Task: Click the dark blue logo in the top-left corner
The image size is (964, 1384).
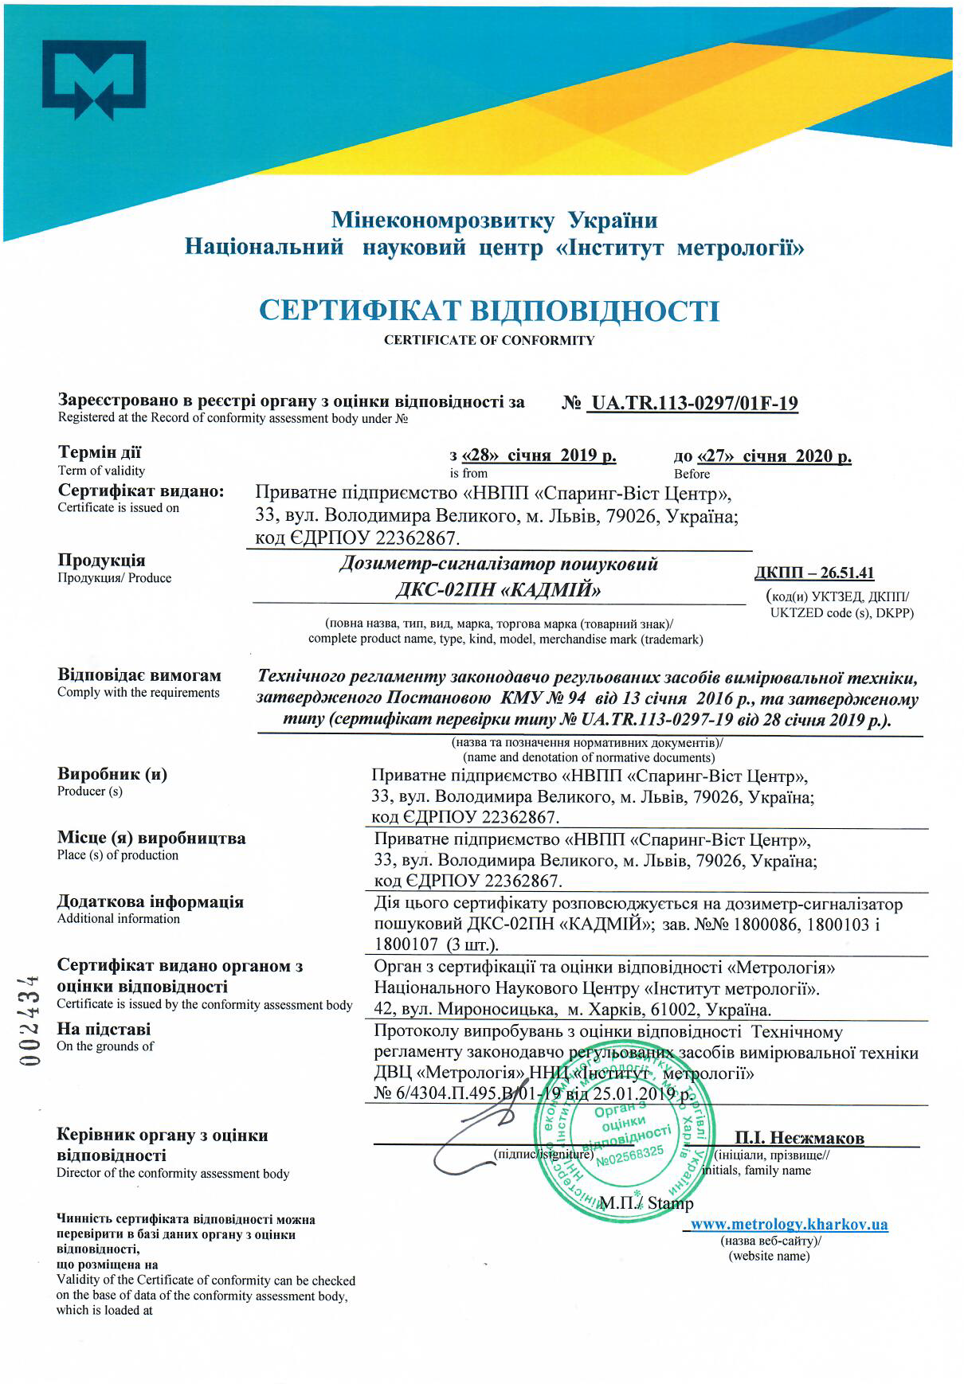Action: click(x=94, y=80)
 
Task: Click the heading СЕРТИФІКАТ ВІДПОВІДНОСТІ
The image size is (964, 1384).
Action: click(x=489, y=310)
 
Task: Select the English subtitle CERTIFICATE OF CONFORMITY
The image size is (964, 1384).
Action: click(x=489, y=341)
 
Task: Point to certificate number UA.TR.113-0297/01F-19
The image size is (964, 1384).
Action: click(x=692, y=404)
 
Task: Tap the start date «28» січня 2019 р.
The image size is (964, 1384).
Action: click(x=533, y=456)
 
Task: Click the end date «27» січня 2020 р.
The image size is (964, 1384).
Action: click(x=762, y=457)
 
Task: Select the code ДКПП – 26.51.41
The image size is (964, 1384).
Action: click(x=814, y=573)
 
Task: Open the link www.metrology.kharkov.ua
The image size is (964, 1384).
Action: click(x=789, y=1225)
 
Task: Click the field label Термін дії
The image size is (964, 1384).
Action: click(x=100, y=453)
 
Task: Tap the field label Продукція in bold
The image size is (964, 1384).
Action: click(x=101, y=561)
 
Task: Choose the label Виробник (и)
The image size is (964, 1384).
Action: click(x=112, y=774)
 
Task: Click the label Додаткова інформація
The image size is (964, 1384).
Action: click(x=151, y=902)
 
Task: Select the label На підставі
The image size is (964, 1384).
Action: click(x=104, y=1029)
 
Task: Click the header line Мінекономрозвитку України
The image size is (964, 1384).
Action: click(x=495, y=221)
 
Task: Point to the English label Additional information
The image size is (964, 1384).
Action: click(x=119, y=919)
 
